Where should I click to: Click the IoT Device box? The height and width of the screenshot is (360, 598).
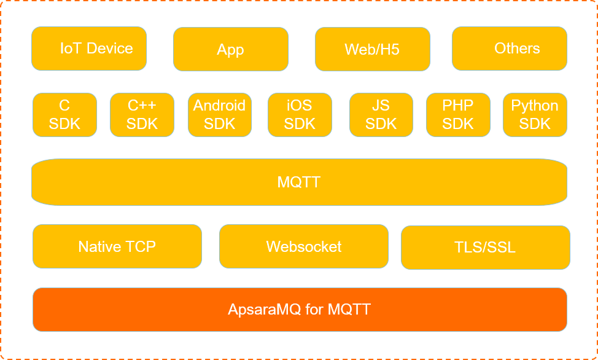point(89,49)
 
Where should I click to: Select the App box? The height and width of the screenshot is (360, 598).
point(230,49)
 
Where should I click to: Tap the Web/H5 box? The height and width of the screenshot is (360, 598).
point(372,49)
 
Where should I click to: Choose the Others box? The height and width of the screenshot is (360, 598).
point(510,49)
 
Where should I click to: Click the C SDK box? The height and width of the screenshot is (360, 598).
point(64,115)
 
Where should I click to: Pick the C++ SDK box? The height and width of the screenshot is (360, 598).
point(142,115)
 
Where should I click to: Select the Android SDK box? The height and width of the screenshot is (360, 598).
point(219,115)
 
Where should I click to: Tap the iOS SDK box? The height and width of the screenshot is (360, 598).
point(300,115)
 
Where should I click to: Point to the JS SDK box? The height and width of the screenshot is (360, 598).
point(381,115)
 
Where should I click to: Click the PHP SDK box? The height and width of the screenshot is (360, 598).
point(458,115)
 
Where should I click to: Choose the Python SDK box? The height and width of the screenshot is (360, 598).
point(535,115)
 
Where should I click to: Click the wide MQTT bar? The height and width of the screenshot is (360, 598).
point(299,182)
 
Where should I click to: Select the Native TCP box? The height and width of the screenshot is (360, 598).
point(117,246)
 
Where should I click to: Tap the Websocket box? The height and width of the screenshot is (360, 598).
point(303,246)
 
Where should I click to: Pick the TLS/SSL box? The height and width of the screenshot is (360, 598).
point(485,248)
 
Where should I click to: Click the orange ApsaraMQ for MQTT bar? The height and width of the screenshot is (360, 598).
point(299,309)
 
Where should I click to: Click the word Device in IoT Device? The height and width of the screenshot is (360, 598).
point(109,49)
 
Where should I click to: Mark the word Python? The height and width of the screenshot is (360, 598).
point(535,106)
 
